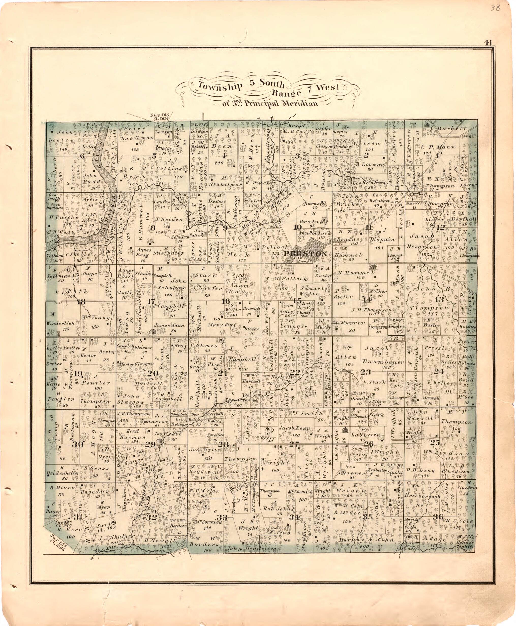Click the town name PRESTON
click(x=305, y=254)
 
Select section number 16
click(x=226, y=301)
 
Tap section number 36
click(x=438, y=517)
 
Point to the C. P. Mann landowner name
click(x=434, y=147)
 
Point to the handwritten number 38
click(x=495, y=8)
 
